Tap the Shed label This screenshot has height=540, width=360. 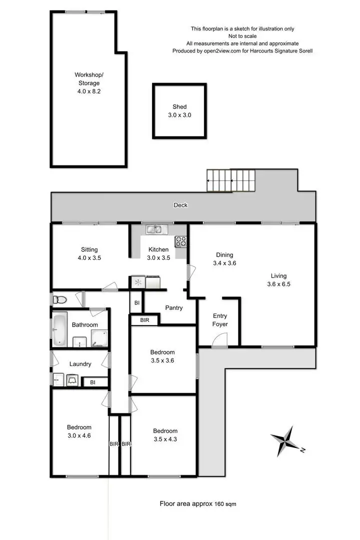click(x=179, y=106)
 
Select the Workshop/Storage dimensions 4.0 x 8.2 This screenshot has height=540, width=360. click(x=88, y=91)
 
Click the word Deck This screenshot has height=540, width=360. click(x=180, y=205)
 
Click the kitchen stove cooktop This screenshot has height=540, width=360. click(x=180, y=241)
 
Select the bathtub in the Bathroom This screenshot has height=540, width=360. click(x=59, y=329)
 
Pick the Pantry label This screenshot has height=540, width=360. click(x=173, y=308)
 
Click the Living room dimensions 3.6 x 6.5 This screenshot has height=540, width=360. click(x=279, y=283)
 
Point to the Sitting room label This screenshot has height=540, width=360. click(x=89, y=249)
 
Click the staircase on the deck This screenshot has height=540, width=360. click(x=231, y=180)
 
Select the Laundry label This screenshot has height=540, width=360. click(x=80, y=364)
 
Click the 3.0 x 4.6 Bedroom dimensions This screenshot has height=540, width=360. click(x=79, y=435)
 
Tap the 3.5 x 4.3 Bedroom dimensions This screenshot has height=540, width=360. click(x=165, y=439)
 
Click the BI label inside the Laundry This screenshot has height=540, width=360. click(x=92, y=382)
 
